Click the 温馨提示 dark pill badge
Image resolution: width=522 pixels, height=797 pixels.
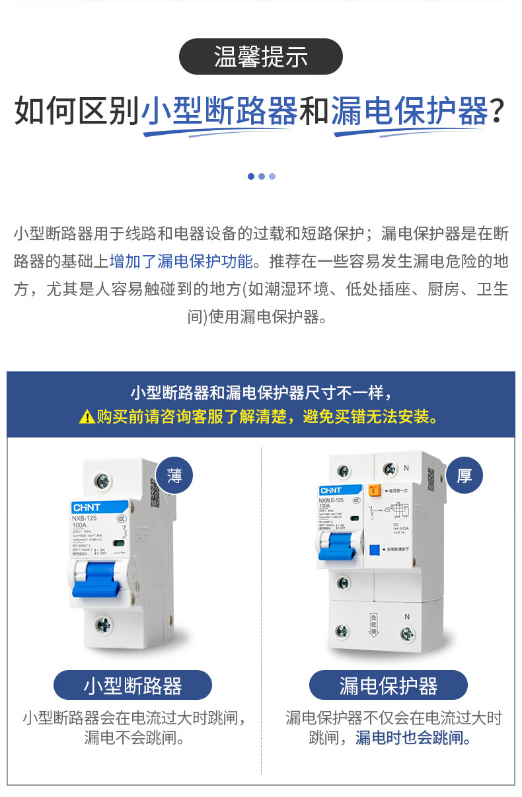(x=261, y=57)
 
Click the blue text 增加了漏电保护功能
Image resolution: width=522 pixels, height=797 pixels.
(x=181, y=261)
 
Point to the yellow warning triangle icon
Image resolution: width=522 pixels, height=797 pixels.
(x=87, y=416)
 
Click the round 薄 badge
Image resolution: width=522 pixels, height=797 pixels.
(x=174, y=476)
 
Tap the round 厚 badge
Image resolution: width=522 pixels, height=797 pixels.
(x=465, y=476)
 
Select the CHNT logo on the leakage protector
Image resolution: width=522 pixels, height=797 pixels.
(x=331, y=490)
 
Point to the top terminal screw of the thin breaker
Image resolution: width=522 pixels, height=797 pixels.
(x=102, y=481)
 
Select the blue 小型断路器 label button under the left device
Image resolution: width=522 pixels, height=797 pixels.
(x=132, y=685)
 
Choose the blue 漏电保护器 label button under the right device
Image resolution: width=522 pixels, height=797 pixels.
(x=388, y=685)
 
